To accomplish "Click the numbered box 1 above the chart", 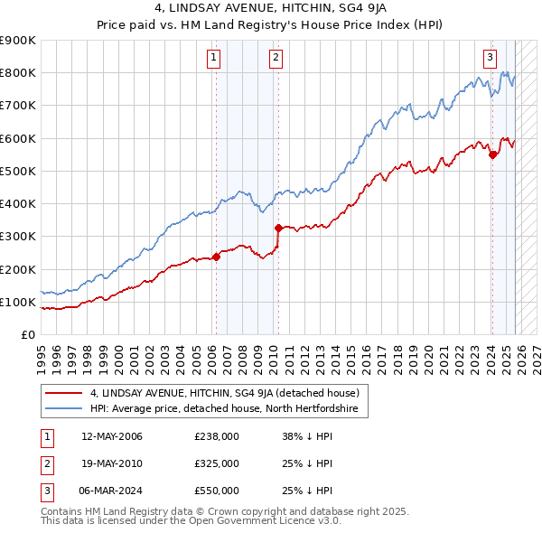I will tap(214, 59).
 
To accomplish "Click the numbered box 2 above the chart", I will tap(276, 59).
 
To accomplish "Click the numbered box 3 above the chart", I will tap(490, 59).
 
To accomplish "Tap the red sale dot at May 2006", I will tap(217, 257).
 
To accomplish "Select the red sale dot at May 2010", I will tap(278, 228).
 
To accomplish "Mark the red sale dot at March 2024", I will tap(492, 154).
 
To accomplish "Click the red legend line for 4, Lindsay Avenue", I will tap(63, 393).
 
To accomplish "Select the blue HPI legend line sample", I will tap(63, 409).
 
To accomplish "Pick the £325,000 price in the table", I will tap(216, 463).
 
